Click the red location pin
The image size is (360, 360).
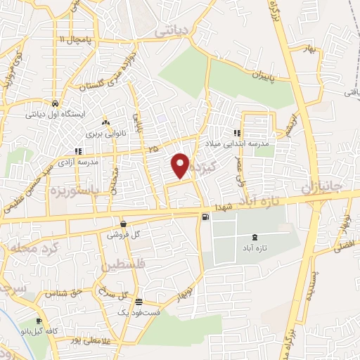point(181,165)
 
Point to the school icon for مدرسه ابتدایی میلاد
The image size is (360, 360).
point(238,132)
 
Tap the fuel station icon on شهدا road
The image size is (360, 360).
point(205,217)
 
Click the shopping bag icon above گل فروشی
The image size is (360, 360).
point(123,225)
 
